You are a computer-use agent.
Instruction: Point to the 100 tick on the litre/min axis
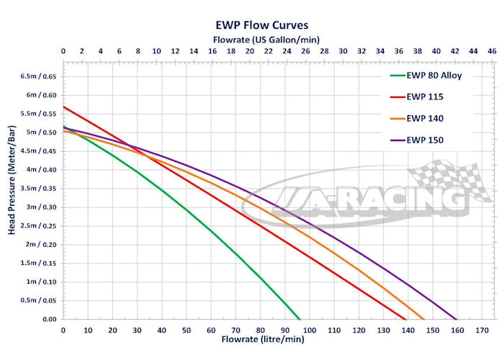tap(310, 330)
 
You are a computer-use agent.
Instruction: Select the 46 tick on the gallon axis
tap(492, 51)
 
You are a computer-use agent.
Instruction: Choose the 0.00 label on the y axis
tap(48, 319)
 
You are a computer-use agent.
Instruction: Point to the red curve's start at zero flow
tap(63, 107)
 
